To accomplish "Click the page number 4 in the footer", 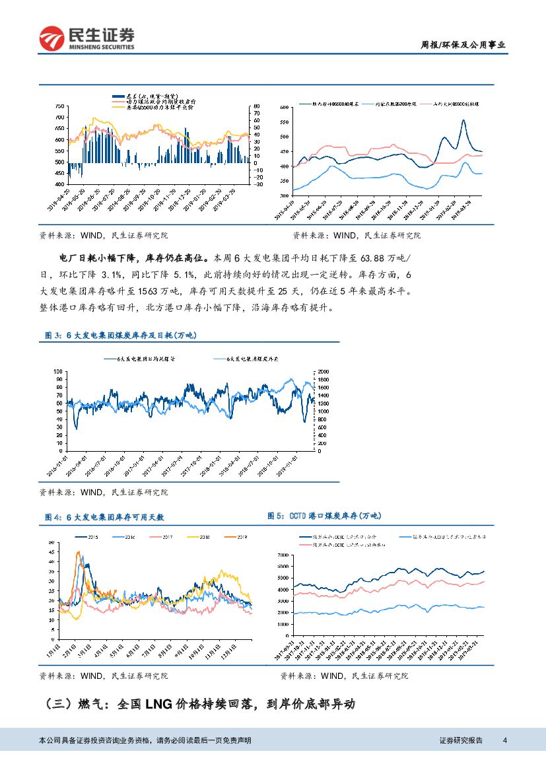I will click(504, 740).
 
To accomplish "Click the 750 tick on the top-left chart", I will click(59, 106).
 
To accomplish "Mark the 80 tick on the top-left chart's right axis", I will click(256, 106).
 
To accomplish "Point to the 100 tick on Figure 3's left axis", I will click(57, 372).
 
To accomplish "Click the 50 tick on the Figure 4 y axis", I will click(52, 543).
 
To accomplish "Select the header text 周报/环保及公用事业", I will click(463, 45).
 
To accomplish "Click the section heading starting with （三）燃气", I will click(197, 704).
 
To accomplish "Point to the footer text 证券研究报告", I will click(461, 740).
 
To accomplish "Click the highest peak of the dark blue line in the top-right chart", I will click(463, 120).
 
